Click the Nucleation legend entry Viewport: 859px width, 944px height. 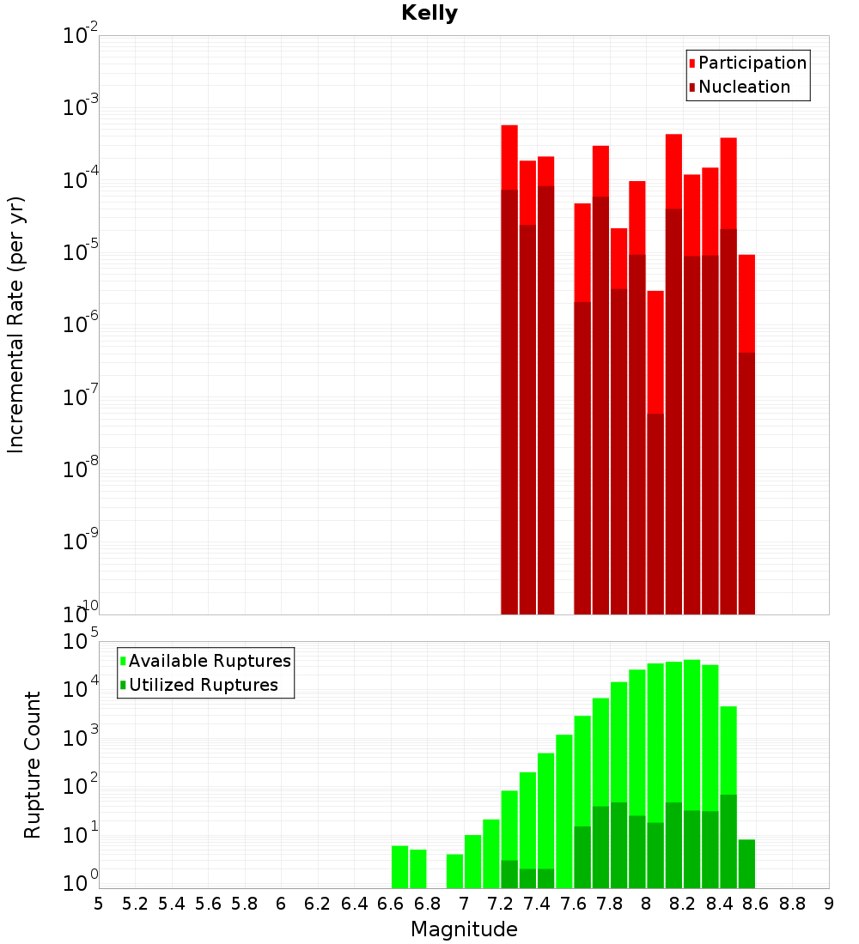(x=743, y=88)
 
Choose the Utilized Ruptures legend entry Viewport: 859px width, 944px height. (x=203, y=685)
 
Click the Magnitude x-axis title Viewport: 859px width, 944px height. (x=464, y=929)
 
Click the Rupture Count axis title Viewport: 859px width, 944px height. (x=33, y=765)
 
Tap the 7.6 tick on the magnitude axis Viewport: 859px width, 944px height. (x=574, y=904)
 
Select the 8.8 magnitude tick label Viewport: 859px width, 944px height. (x=793, y=904)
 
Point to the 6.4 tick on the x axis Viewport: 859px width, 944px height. (x=355, y=904)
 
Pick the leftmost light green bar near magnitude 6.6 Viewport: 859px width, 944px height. (x=399, y=867)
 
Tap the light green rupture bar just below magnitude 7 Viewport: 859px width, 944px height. (x=454, y=871)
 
